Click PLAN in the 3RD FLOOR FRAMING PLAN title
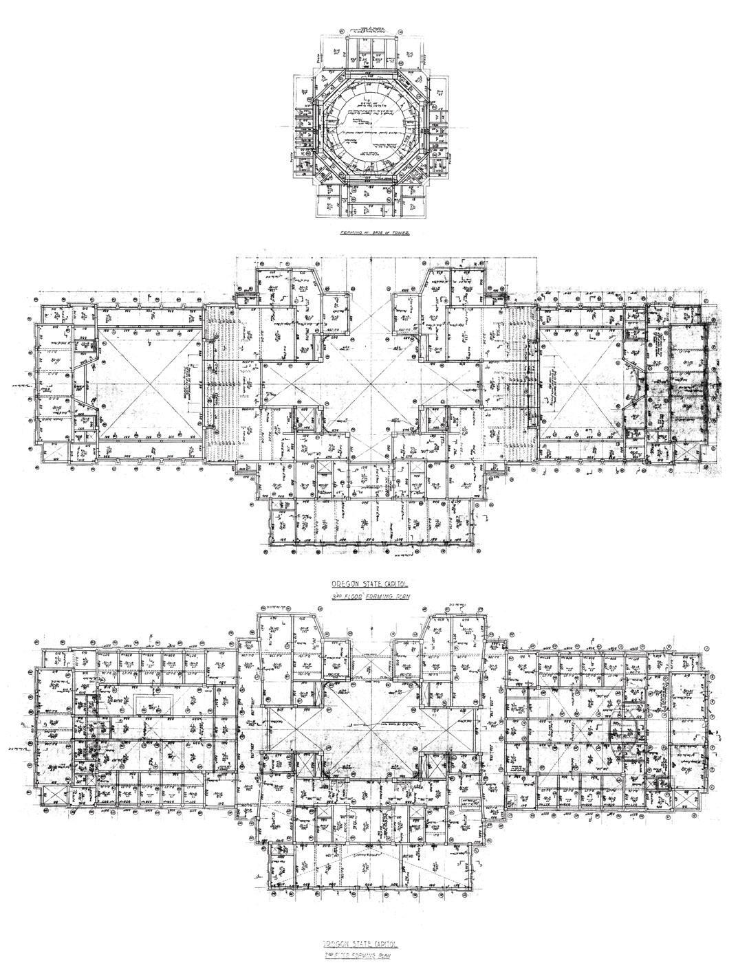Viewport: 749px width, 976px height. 399,597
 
